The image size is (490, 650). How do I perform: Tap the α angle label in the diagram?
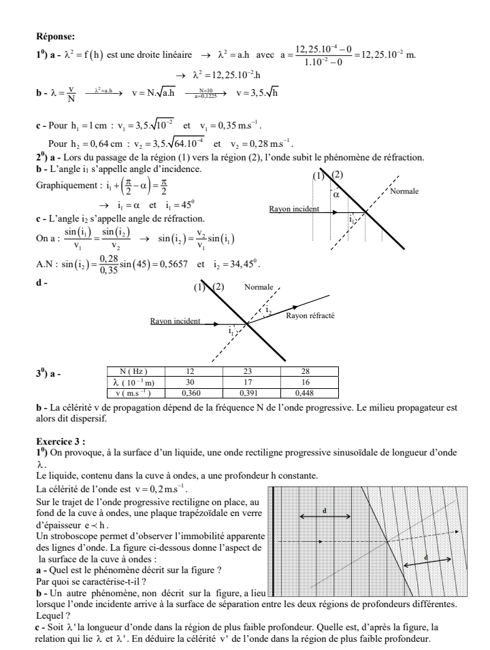(x=336, y=194)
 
